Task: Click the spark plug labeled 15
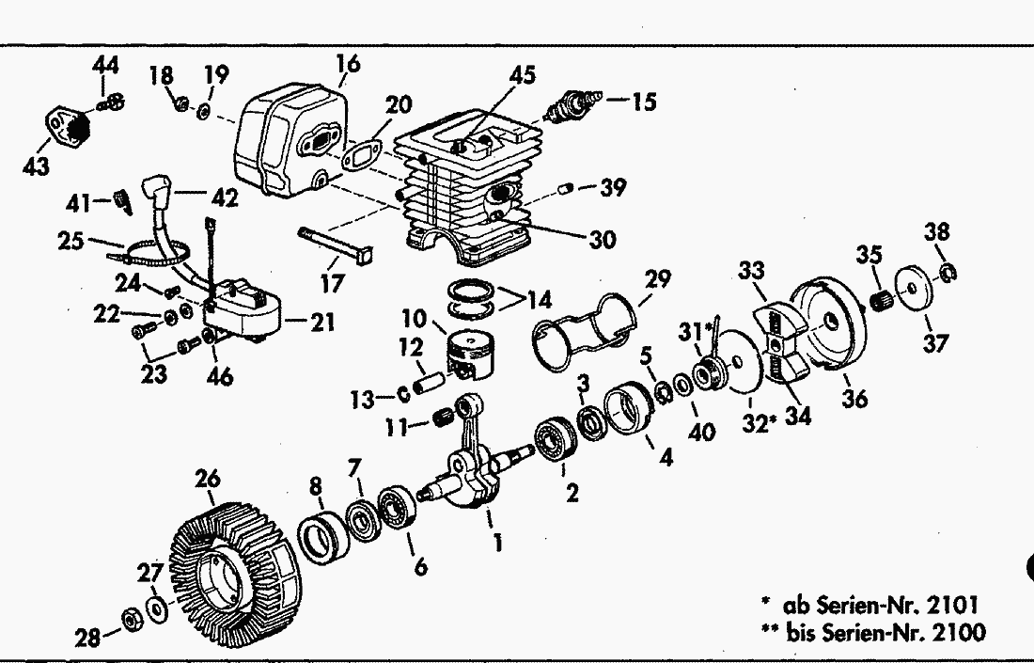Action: (x=572, y=105)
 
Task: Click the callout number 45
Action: (x=523, y=74)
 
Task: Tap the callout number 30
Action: (x=602, y=239)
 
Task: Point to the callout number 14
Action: (x=540, y=300)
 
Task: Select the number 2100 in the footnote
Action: (x=960, y=632)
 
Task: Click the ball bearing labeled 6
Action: (x=397, y=508)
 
